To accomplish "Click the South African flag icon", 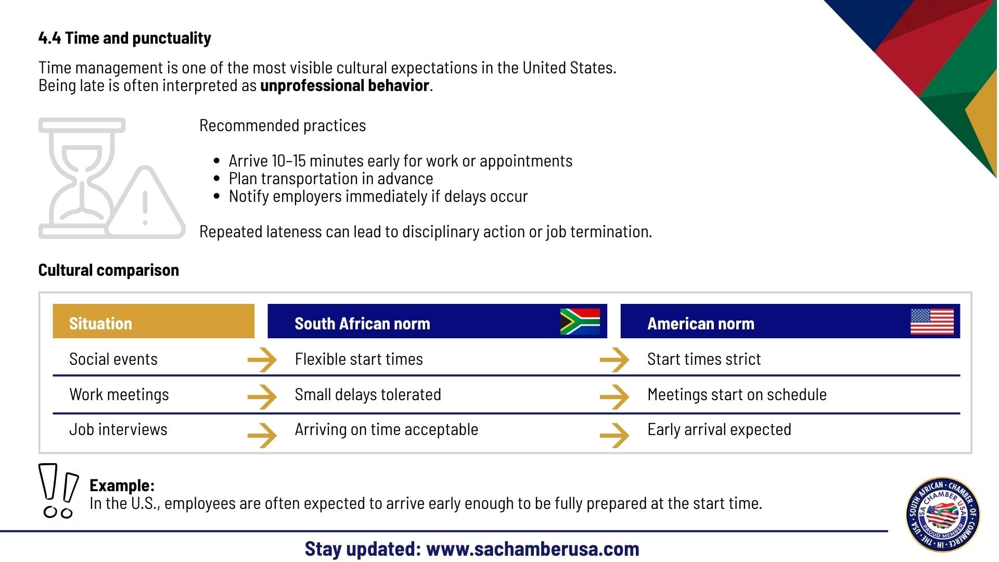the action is click(580, 321).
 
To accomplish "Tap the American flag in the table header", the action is click(932, 322).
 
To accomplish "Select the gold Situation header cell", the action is click(153, 321).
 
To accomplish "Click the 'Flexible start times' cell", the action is click(358, 359).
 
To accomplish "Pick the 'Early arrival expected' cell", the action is click(719, 430).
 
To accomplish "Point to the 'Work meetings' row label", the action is click(119, 394).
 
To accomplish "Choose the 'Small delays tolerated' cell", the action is click(368, 394).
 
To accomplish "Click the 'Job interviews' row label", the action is click(118, 430).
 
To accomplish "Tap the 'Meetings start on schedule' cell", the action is click(737, 394).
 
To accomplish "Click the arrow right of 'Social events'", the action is click(262, 360).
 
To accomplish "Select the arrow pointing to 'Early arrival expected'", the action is click(614, 435).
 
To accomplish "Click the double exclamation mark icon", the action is click(58, 491).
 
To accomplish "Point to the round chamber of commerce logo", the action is click(943, 515).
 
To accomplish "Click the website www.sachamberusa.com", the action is click(532, 549).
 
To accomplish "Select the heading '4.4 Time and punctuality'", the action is click(125, 38).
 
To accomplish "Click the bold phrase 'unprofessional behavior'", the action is click(344, 85).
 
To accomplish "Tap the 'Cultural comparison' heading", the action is click(109, 270).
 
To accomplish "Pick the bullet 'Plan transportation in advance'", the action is click(331, 178).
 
